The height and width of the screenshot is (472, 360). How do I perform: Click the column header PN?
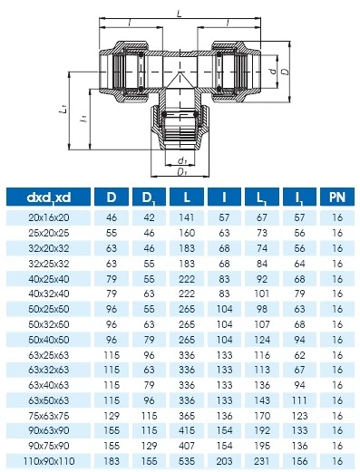337,197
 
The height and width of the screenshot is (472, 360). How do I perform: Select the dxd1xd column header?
49,197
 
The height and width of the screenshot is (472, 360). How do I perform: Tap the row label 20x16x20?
49,217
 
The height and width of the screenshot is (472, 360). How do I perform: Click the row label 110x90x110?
49,461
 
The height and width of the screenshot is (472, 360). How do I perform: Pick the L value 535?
187,461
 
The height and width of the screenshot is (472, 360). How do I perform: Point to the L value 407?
187,446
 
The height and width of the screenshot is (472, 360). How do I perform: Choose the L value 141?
187,217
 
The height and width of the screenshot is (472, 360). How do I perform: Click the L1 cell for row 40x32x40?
262,294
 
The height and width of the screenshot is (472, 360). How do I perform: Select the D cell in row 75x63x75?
112,416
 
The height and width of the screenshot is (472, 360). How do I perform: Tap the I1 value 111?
299,400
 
